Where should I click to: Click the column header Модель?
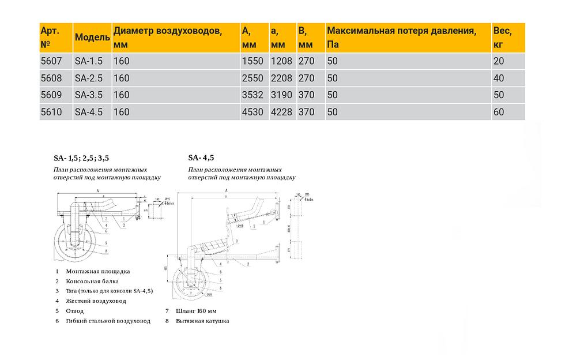point(92,37)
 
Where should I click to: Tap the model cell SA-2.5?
point(88,78)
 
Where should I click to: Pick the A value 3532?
point(252,95)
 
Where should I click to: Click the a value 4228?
point(281,112)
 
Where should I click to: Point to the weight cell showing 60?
point(499,112)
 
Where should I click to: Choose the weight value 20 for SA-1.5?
point(499,61)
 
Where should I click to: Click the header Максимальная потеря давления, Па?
point(401,37)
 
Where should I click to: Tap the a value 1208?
point(281,61)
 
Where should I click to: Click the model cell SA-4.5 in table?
point(88,112)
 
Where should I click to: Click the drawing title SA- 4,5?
point(201,157)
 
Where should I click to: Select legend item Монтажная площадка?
point(97,271)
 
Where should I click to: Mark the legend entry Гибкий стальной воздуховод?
point(108,321)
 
